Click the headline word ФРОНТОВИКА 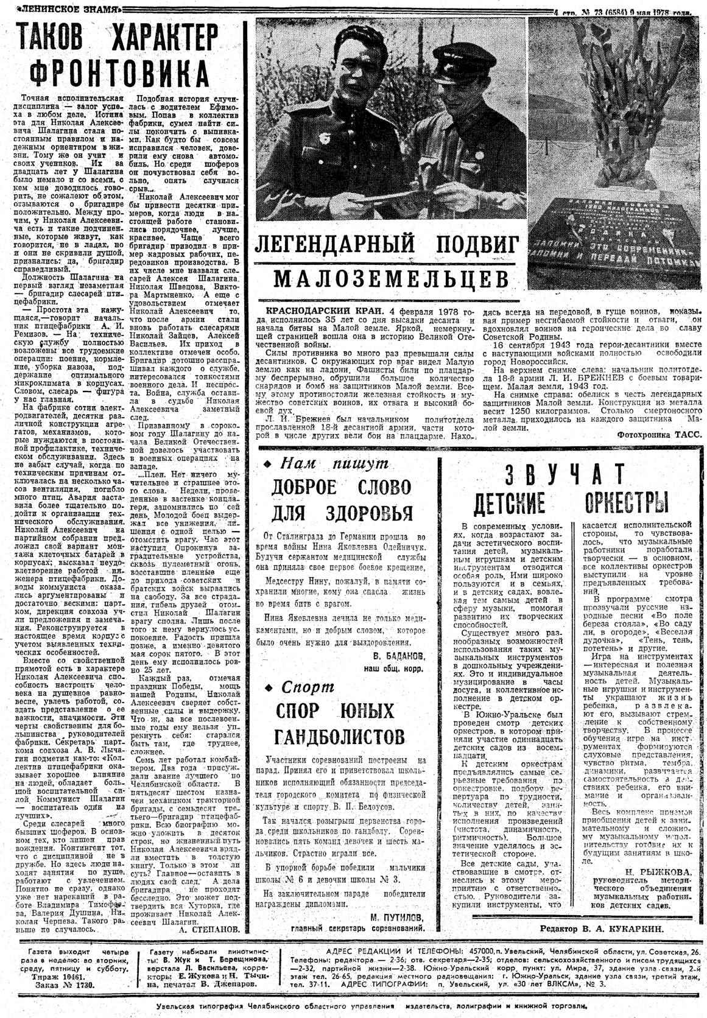tap(119, 74)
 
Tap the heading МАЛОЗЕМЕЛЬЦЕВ tap(390, 280)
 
